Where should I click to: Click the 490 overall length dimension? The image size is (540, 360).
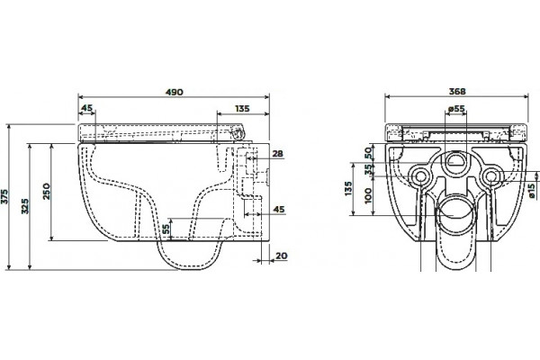pyautogui.click(x=175, y=93)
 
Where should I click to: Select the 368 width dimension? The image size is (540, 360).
pyautogui.click(x=457, y=92)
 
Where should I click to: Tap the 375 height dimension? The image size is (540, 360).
pyautogui.click(x=4, y=197)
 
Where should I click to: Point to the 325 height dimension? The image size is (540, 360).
pyautogui.click(x=25, y=206)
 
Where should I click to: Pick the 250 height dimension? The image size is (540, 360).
pyautogui.click(x=47, y=192)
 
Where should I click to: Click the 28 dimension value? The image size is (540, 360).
pyautogui.click(x=277, y=154)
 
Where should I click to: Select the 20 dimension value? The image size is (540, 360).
pyautogui.click(x=282, y=256)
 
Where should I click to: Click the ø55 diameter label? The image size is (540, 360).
pyautogui.click(x=456, y=109)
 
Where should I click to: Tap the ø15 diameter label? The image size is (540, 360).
pyautogui.click(x=532, y=191)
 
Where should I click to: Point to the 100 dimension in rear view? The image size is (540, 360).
pyautogui.click(x=368, y=195)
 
